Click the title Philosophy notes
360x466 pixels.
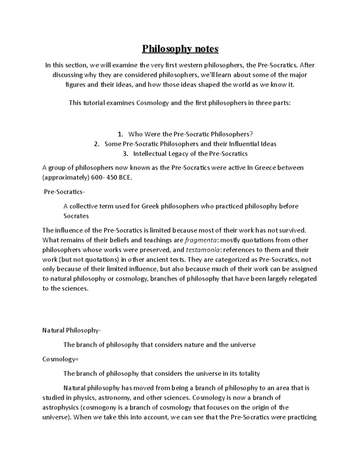tap(180, 49)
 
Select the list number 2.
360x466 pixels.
tap(96, 144)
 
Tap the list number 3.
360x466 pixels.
tap(125, 154)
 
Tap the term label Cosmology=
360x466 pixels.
tap(60, 359)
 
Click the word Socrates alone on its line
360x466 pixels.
tap(76, 216)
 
